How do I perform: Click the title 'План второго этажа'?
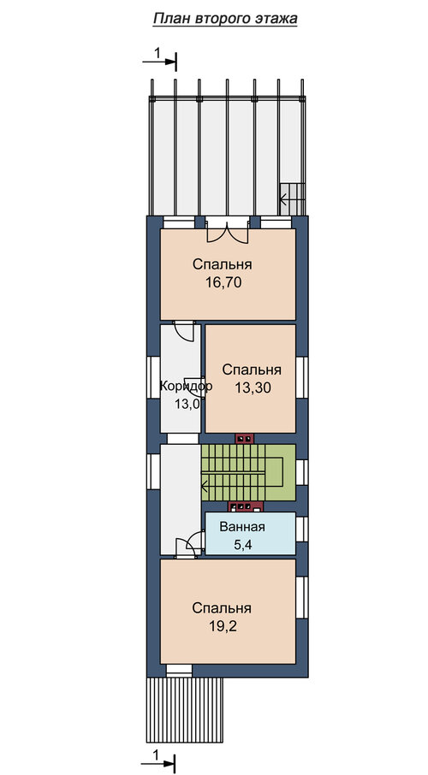tap(224, 20)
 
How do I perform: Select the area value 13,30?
tap(253, 388)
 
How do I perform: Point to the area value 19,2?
tap(223, 626)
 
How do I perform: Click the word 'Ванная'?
tap(242, 527)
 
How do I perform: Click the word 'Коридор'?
tap(186, 386)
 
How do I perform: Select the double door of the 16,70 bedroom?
tap(227, 229)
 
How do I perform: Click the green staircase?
tap(248, 472)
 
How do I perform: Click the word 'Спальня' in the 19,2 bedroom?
tap(223, 607)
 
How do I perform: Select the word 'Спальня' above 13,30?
tap(253, 370)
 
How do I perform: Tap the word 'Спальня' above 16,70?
tap(223, 264)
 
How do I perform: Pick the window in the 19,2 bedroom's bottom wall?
tap(179, 671)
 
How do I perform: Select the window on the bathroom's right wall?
tap(302, 529)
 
